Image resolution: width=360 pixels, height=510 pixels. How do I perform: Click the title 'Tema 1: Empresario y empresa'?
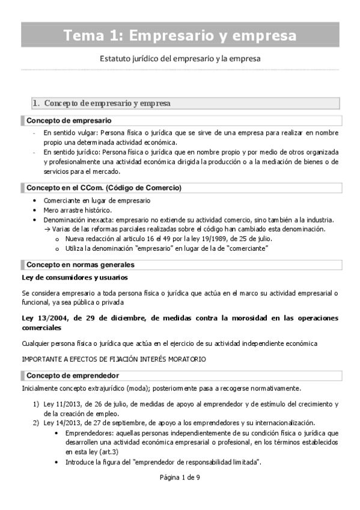coord(180,35)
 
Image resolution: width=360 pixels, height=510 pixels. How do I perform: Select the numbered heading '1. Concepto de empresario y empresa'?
coord(102,103)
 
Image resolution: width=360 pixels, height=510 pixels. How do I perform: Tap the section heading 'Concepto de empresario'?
coord(69,120)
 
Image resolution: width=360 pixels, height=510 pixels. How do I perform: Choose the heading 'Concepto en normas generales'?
coord(80,265)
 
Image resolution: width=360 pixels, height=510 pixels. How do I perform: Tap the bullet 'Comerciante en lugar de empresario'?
coord(97,200)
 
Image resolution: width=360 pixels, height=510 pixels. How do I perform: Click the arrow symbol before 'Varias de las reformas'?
coord(47,229)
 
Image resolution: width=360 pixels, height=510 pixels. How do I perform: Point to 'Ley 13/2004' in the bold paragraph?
coord(43,318)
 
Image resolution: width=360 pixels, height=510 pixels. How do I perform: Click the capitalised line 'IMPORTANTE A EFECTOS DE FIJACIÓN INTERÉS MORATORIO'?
coord(114,359)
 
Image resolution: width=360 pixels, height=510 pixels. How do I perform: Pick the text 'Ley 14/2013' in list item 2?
coord(59,423)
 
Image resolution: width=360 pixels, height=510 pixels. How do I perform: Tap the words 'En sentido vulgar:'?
coord(70,132)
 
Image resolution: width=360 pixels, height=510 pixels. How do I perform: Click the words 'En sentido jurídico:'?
coord(72,152)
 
